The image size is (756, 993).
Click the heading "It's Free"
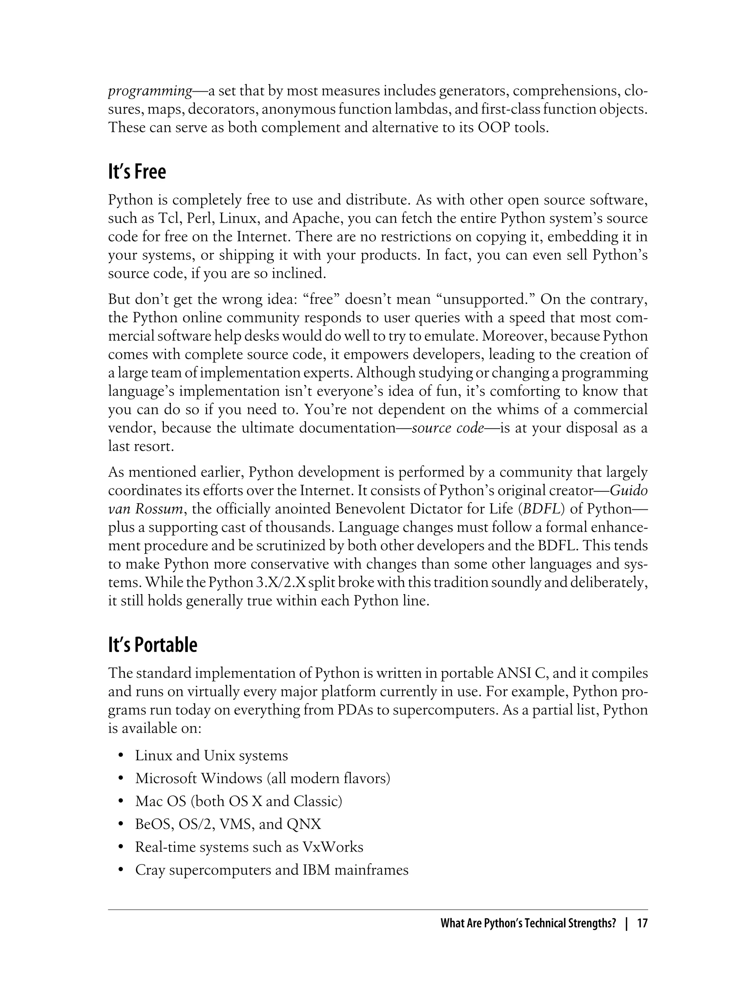(x=137, y=172)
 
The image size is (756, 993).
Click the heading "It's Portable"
(x=152, y=645)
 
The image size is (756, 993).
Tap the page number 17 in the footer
(x=642, y=924)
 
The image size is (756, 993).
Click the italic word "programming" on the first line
(x=150, y=91)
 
